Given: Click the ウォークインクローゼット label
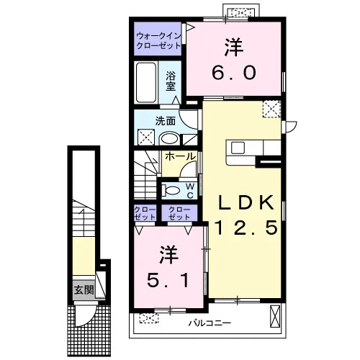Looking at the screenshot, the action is [158, 41].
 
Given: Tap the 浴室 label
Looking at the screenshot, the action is [171, 81].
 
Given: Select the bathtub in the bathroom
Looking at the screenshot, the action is [145, 83].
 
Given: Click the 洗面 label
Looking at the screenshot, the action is [166, 121].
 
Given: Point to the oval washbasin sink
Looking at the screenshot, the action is [169, 139].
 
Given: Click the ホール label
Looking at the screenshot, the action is [180, 156].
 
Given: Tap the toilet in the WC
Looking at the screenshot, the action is [171, 191].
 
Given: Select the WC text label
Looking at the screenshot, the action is [190, 191].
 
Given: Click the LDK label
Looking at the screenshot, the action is [246, 202].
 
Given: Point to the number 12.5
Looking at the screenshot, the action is [246, 228].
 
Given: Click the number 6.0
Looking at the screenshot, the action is [234, 73].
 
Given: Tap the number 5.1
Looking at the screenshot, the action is [168, 280].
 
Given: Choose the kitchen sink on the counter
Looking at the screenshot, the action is [238, 148].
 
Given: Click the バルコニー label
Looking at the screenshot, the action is [210, 323].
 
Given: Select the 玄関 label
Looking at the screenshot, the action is [84, 290].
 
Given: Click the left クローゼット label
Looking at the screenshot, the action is [145, 213].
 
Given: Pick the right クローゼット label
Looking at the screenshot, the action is [179, 213].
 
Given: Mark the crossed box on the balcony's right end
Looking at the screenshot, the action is [275, 316].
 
